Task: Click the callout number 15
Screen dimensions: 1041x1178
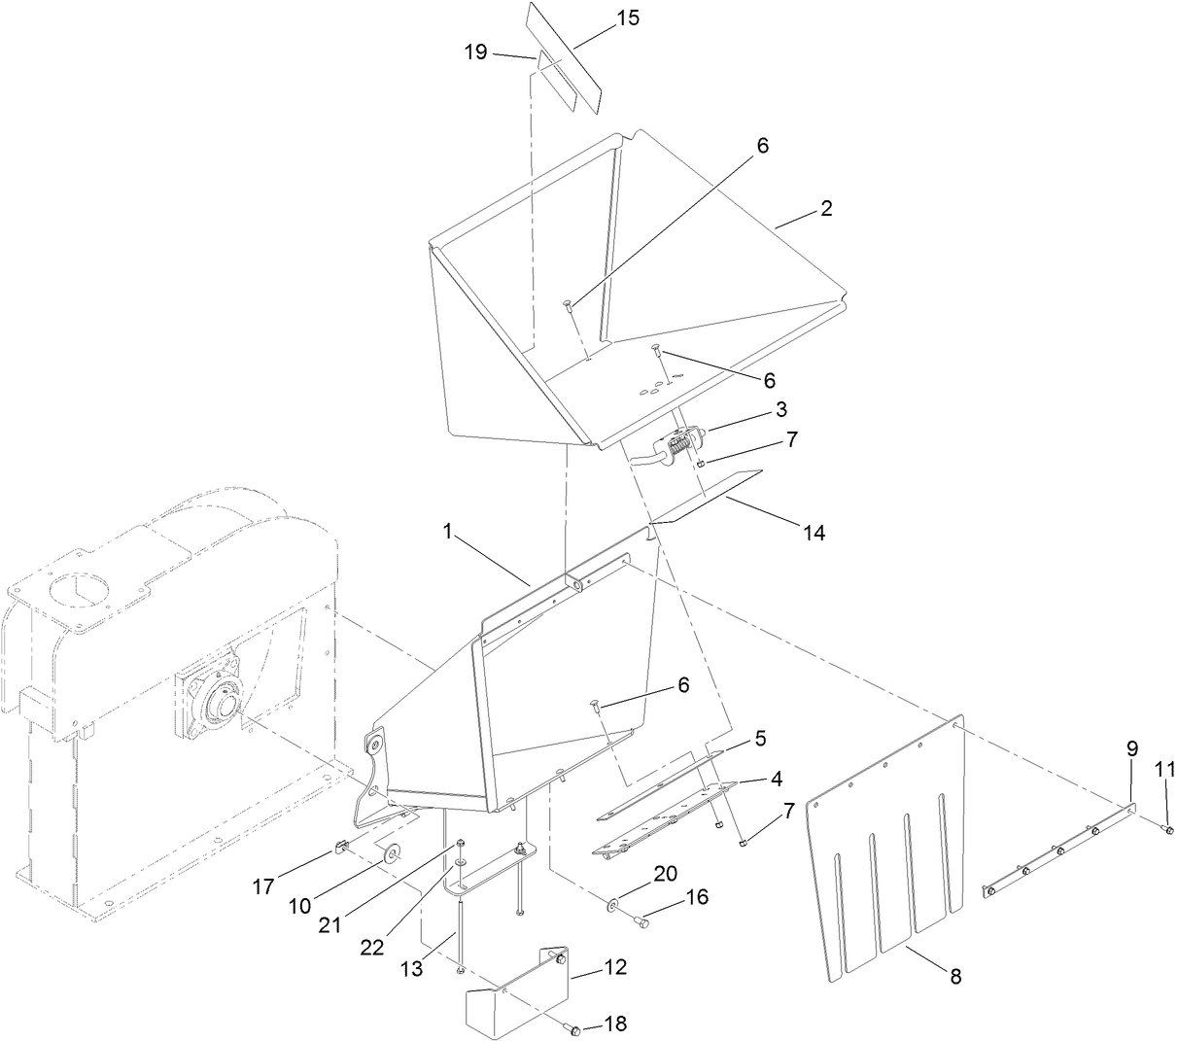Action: (629, 18)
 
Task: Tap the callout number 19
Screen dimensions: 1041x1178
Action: (475, 52)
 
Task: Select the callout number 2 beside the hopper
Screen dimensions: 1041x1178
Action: (825, 209)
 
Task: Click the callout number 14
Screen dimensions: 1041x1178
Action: (813, 532)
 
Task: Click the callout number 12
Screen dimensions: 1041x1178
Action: (614, 967)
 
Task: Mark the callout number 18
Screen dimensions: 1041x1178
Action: (614, 1024)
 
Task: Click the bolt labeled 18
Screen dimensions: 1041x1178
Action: (574, 1028)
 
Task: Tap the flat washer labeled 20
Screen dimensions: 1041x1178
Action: (614, 906)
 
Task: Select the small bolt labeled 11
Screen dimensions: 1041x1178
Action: (1168, 829)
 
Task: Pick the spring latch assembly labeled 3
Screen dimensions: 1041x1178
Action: (680, 451)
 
